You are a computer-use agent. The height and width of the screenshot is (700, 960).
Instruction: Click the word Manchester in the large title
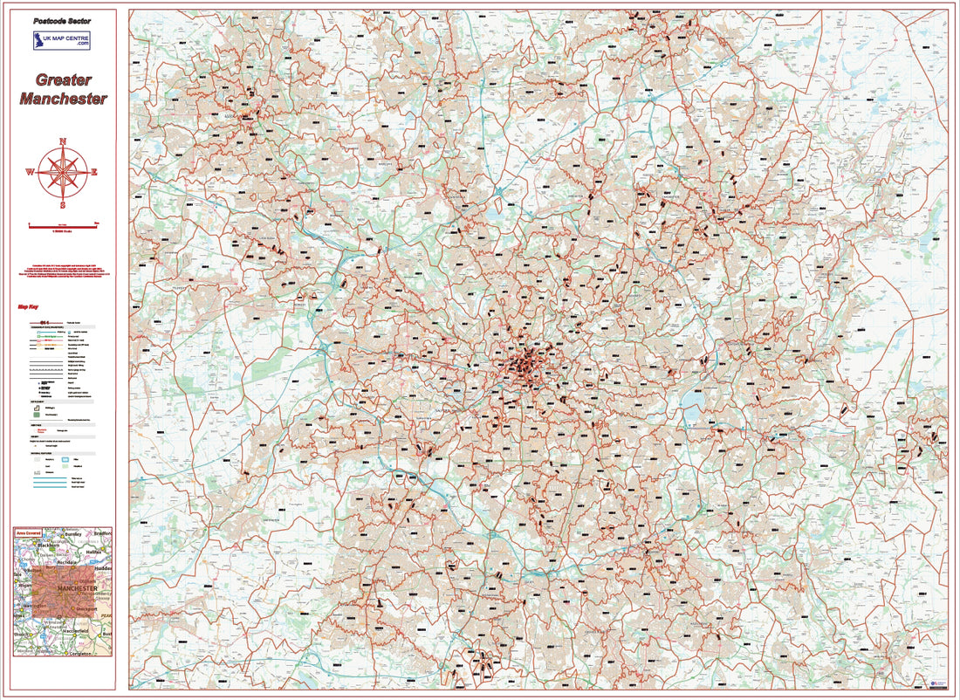(x=63, y=99)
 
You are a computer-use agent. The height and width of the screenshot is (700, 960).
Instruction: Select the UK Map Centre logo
(x=62, y=41)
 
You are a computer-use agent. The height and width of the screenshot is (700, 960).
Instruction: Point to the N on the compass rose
(x=63, y=141)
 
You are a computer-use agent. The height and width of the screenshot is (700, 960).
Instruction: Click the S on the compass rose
(x=63, y=206)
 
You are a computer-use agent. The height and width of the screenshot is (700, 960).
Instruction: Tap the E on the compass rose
(x=94, y=173)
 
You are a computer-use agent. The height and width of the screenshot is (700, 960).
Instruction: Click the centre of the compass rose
(x=63, y=173)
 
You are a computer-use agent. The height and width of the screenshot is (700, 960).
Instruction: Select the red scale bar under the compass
(x=63, y=225)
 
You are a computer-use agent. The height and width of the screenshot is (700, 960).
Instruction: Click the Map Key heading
(x=28, y=306)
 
